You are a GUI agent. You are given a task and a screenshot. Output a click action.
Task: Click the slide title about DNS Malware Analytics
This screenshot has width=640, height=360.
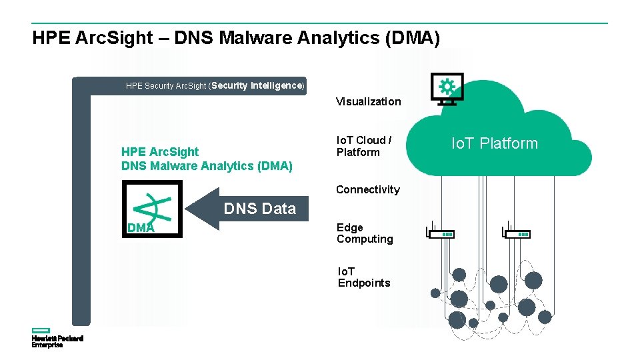click(236, 38)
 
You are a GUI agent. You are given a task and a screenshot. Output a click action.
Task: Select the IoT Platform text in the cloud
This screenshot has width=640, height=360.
click(494, 143)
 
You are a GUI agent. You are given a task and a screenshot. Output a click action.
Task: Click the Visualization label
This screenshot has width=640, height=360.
click(368, 101)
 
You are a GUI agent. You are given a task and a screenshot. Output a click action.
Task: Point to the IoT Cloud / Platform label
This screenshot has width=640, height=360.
click(363, 146)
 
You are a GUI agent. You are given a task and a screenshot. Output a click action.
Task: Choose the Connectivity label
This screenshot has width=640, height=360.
click(367, 189)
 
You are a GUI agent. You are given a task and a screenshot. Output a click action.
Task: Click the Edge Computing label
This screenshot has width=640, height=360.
click(365, 233)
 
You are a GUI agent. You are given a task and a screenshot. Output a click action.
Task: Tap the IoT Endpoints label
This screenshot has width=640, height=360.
click(363, 277)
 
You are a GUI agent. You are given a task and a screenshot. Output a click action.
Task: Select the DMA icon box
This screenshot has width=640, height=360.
click(152, 209)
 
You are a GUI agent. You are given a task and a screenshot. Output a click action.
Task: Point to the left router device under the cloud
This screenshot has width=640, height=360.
click(441, 233)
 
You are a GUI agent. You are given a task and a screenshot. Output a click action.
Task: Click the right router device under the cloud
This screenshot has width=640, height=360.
click(517, 233)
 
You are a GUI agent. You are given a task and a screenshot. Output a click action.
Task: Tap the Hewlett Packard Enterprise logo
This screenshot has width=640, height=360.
click(57, 338)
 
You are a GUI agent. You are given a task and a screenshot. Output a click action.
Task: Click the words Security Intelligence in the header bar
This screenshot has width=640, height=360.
click(257, 85)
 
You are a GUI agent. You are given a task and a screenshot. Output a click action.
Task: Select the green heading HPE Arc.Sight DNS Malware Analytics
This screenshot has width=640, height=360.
click(207, 159)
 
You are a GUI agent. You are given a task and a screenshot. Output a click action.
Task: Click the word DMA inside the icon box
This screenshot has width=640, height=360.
click(141, 228)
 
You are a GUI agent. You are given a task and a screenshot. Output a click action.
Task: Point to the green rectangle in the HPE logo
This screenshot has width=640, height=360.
click(41, 330)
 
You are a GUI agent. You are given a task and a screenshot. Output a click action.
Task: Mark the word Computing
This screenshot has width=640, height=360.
click(365, 239)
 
